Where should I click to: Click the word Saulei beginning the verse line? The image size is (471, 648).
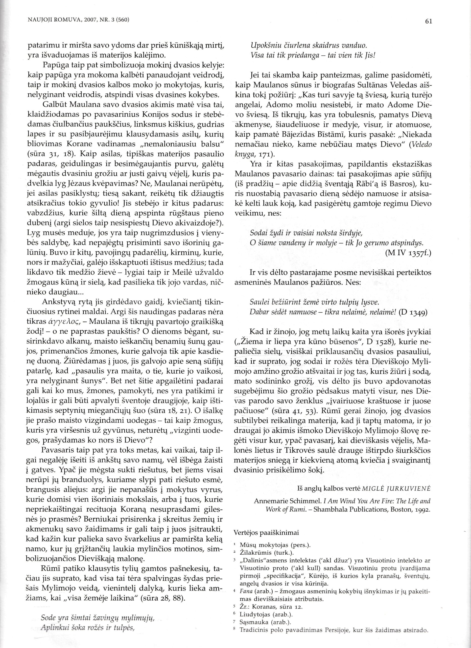258,302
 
